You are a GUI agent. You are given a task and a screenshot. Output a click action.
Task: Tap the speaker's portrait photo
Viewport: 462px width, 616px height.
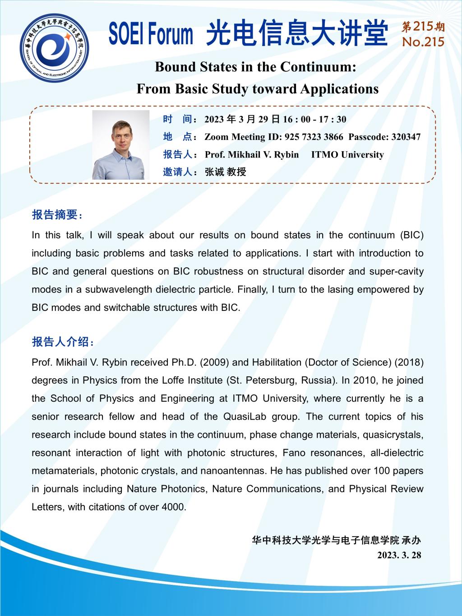(x=121, y=145)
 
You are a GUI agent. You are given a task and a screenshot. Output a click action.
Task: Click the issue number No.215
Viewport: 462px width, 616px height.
(x=423, y=42)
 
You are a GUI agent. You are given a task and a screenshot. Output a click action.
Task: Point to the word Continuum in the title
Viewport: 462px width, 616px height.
(x=318, y=67)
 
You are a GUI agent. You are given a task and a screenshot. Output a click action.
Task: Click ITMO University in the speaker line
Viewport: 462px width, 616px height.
(x=347, y=155)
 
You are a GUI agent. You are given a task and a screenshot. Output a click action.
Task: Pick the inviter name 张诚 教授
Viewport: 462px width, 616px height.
(x=225, y=172)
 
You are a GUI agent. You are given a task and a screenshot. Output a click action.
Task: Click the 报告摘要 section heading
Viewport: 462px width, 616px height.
(x=57, y=215)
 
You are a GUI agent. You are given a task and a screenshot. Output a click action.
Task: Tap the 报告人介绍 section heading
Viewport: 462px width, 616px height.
(x=63, y=342)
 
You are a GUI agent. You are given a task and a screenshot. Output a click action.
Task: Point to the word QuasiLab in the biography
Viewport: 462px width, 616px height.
(x=243, y=417)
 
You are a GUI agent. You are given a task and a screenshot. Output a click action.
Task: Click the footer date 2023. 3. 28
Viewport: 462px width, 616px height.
(x=399, y=555)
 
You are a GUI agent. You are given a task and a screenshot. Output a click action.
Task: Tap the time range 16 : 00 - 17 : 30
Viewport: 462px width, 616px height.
(x=314, y=119)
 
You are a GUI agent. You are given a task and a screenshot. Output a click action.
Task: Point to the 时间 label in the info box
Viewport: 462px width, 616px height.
(x=178, y=119)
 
